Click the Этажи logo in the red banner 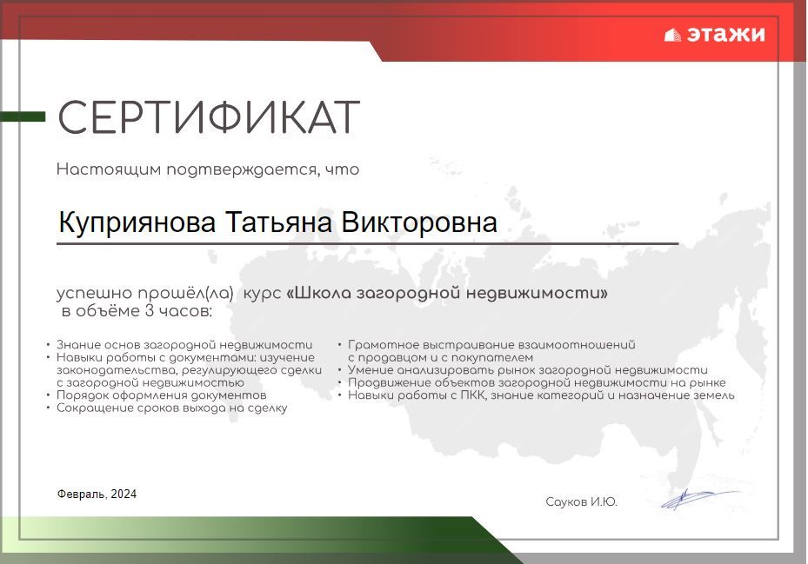coord(715,35)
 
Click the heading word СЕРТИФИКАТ coord(208,117)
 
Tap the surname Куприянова coord(137,223)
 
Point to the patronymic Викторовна coord(419,222)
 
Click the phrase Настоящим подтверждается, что coord(208,169)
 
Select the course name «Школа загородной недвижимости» coord(447,293)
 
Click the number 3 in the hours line coord(150,310)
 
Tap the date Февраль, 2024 coord(97,494)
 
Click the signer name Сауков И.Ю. coord(581,501)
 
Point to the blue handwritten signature coord(700,499)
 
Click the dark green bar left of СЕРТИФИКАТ coord(23,117)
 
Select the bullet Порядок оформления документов coord(161,395)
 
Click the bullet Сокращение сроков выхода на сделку coord(171,408)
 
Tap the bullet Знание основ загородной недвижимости coord(184,345)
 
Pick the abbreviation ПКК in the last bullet coord(473,395)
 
